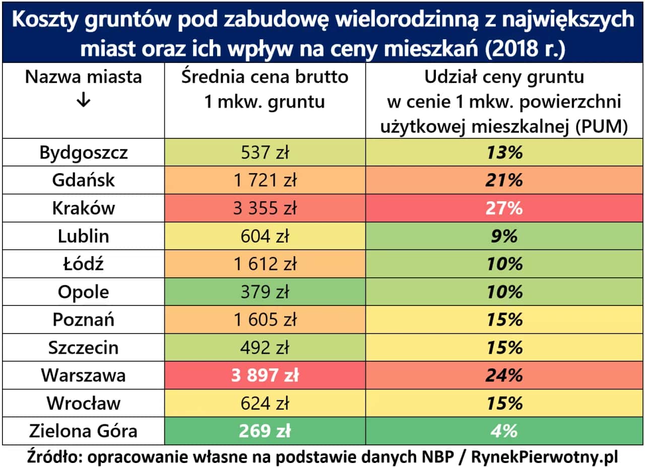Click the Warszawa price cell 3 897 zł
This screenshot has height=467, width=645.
265,375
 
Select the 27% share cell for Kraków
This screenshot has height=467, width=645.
504,208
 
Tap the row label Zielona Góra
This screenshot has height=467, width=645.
83,431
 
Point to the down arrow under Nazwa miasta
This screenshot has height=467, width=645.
83,101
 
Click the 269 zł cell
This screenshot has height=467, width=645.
265,431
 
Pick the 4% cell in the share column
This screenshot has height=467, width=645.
504,431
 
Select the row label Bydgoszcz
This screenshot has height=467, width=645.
83,152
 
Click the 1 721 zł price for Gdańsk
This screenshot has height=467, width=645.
265,180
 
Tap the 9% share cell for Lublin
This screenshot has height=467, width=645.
504,236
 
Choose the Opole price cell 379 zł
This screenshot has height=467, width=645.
265,292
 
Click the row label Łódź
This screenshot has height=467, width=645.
83,264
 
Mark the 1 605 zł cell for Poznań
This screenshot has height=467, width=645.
265,320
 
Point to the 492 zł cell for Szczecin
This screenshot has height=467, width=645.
265,348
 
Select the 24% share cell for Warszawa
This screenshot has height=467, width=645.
504,375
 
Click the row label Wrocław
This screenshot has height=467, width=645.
83,403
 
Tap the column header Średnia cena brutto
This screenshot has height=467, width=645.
265,77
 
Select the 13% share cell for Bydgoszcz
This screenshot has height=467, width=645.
504,152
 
